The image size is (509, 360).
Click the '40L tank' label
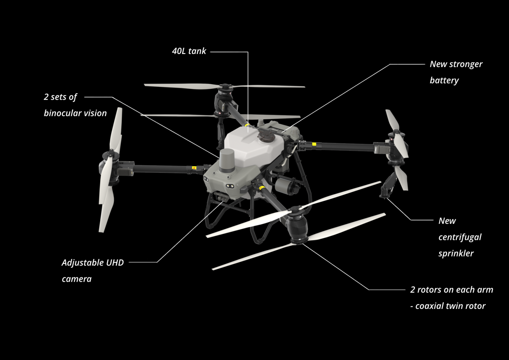click(x=189, y=51)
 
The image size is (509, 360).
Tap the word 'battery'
click(x=444, y=81)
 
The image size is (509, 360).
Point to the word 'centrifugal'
click(x=460, y=237)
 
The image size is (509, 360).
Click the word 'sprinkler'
click(x=456, y=253)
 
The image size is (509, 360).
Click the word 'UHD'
click(x=115, y=263)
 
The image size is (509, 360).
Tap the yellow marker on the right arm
click(x=314, y=144)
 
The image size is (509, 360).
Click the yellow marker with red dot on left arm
click(x=194, y=168)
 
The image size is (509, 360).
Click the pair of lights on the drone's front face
click(x=230, y=186)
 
